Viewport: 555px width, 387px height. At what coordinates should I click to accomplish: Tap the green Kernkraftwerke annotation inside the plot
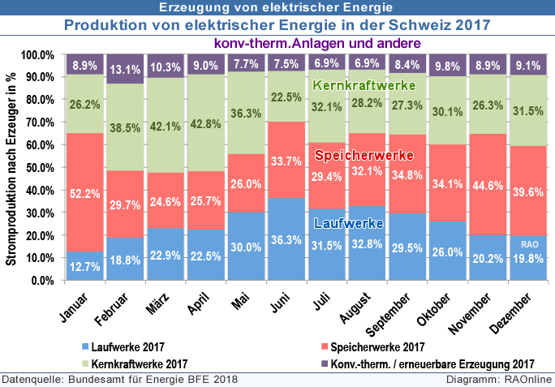[365, 85]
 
